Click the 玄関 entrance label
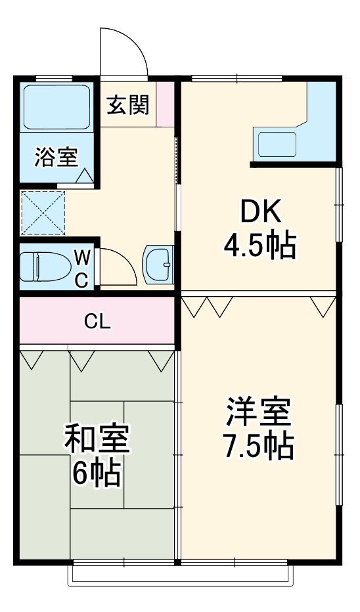(128, 104)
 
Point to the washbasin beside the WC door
(158, 264)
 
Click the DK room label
(260, 212)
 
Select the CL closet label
(97, 321)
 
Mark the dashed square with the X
(43, 212)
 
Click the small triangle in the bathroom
(85, 175)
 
